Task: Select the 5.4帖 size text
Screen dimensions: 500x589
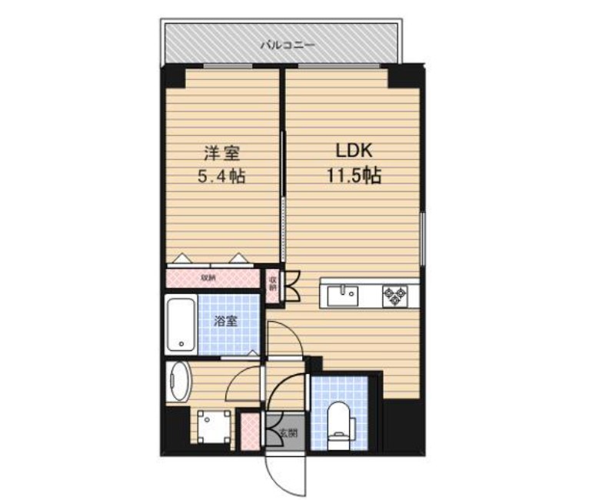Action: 221,176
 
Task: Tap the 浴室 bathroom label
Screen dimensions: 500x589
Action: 226,321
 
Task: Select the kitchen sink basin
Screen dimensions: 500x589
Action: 342,293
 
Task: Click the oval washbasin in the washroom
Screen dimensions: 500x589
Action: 181,381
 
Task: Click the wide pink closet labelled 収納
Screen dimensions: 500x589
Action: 213,277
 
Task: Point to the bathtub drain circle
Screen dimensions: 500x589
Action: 181,345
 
